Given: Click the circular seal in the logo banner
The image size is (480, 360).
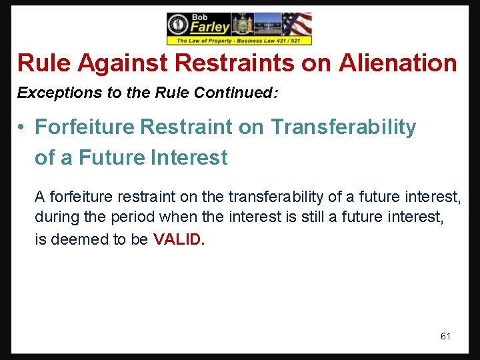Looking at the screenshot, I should (x=179, y=25).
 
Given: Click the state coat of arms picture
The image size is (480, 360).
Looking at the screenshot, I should (x=241, y=25).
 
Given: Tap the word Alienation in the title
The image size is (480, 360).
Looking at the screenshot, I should (x=398, y=63).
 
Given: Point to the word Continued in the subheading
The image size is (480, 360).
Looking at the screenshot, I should (x=235, y=93).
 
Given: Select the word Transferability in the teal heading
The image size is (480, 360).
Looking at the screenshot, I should (x=343, y=127).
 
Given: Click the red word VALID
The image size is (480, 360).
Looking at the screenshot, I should (x=177, y=240).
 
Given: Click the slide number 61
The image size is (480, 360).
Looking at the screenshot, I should (x=445, y=336).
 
